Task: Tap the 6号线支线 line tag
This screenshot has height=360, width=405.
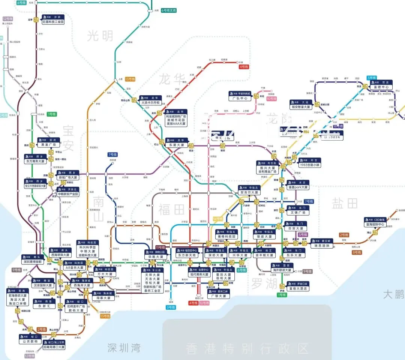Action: (168, 10)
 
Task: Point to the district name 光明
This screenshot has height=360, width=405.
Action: (100, 36)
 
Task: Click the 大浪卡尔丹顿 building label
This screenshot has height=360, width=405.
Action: (150, 102)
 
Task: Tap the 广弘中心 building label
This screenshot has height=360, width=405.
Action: (240, 99)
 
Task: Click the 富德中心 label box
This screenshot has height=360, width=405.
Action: (382, 87)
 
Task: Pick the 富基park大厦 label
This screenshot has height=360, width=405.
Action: (297, 187)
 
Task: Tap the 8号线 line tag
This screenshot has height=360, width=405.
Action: (357, 252)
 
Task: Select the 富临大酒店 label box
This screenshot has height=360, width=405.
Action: (298, 288)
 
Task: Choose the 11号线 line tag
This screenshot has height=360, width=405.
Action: (160, 247)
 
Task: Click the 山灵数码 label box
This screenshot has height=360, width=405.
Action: (31, 342)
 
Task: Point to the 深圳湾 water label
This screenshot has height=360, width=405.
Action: (123, 348)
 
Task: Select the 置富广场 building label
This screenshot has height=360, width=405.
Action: (48, 145)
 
